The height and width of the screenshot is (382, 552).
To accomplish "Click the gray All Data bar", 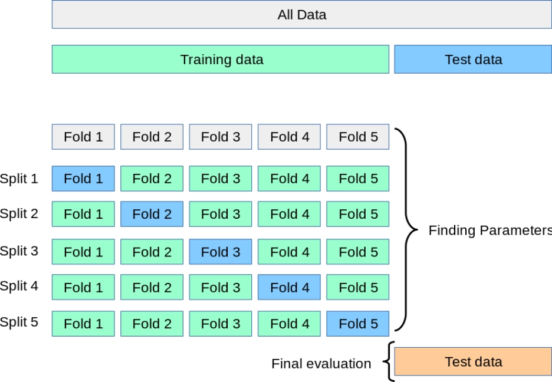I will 301,14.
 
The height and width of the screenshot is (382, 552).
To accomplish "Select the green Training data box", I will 220,60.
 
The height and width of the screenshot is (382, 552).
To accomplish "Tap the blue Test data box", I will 472,60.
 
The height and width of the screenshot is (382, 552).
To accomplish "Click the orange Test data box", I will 472,361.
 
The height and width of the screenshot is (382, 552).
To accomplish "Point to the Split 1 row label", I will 19,179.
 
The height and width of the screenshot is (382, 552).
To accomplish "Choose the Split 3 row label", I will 19,251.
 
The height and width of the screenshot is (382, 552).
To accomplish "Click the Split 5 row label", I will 19,322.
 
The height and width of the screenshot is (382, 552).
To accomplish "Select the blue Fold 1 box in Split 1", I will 83,179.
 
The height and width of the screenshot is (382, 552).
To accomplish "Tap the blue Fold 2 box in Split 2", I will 152,214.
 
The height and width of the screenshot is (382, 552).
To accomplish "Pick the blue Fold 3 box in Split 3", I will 221,252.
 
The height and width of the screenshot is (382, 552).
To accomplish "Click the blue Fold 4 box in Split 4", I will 289,287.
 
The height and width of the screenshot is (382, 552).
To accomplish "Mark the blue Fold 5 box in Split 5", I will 357,324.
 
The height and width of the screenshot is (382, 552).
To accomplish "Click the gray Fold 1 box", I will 83,137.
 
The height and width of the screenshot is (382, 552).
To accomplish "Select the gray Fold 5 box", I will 357,137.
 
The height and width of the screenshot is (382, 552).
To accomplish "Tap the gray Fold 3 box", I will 221,137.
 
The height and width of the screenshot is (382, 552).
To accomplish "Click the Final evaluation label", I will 321,364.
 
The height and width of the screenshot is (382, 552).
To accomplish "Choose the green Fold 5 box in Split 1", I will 357,179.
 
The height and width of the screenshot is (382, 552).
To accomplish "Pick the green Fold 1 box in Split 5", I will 83,324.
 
